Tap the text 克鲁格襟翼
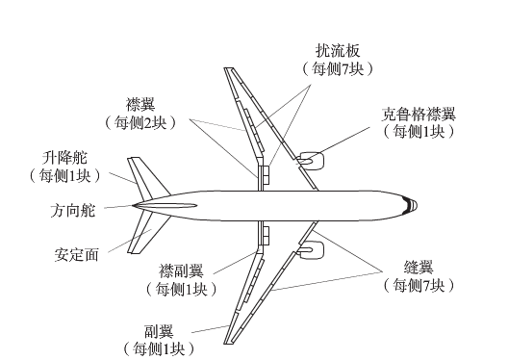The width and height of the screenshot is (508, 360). [x=416, y=112]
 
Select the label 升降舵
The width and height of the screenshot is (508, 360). [x=64, y=156]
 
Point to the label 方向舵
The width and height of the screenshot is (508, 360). [x=71, y=207]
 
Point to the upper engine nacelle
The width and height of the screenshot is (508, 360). [x=311, y=160]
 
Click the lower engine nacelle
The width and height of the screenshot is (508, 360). [x=311, y=251]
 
